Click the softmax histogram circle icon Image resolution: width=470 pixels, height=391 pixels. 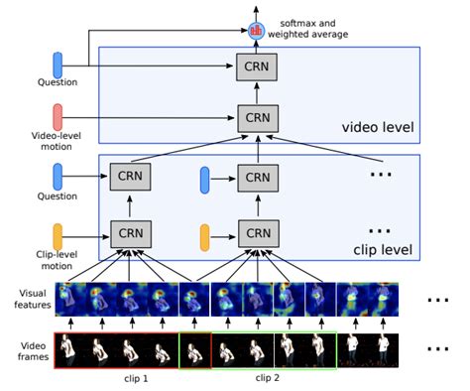click(x=258, y=30)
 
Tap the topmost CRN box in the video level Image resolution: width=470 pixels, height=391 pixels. click(x=258, y=68)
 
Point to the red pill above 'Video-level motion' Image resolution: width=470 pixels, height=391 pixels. click(x=58, y=114)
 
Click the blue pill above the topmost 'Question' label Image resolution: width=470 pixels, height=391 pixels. click(x=58, y=65)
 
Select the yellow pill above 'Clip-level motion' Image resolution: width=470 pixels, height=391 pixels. click(x=58, y=236)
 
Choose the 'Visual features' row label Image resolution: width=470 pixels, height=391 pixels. click(x=29, y=299)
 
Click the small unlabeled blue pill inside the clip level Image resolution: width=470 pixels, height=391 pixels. click(x=205, y=180)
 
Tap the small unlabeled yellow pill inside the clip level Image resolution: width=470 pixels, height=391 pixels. click(x=205, y=237)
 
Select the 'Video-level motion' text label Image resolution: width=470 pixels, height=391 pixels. click(x=46, y=140)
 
